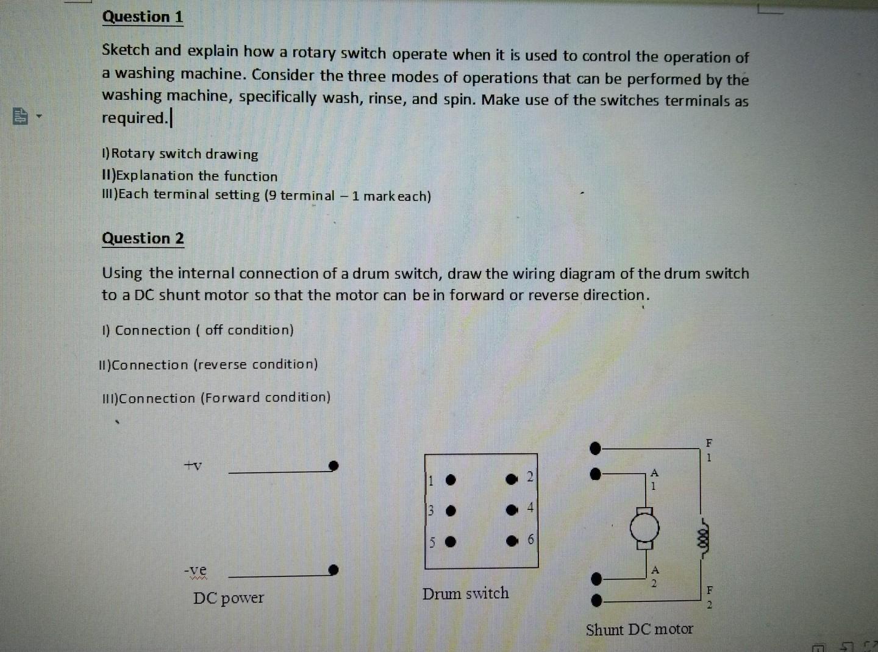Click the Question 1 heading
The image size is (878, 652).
pyautogui.click(x=143, y=17)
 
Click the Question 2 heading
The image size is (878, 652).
pyautogui.click(x=143, y=238)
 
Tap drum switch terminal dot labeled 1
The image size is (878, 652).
pyautogui.click(x=450, y=480)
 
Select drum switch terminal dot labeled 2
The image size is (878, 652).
pyautogui.click(x=512, y=479)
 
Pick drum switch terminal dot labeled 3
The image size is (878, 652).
pyautogui.click(x=450, y=511)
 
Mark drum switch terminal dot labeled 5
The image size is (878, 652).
pyautogui.click(x=450, y=542)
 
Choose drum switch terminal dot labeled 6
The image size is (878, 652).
pyautogui.click(x=512, y=540)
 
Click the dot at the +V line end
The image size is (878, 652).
pyautogui.click(x=333, y=466)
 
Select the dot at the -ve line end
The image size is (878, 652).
pyautogui.click(x=333, y=570)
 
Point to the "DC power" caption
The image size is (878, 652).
pyautogui.click(x=229, y=598)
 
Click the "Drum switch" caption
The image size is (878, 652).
pyautogui.click(x=465, y=594)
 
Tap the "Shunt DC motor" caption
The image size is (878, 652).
pyautogui.click(x=639, y=629)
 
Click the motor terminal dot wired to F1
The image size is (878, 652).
pyautogui.click(x=596, y=449)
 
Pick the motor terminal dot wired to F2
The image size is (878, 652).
pyautogui.click(x=596, y=601)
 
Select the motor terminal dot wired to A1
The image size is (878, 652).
pyautogui.click(x=596, y=473)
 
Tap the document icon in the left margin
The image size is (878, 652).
pyautogui.click(x=20, y=116)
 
